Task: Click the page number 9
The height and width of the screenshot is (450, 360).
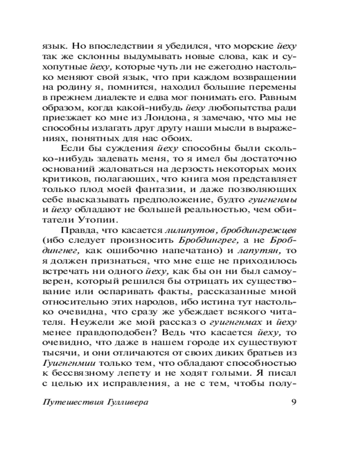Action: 293,402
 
